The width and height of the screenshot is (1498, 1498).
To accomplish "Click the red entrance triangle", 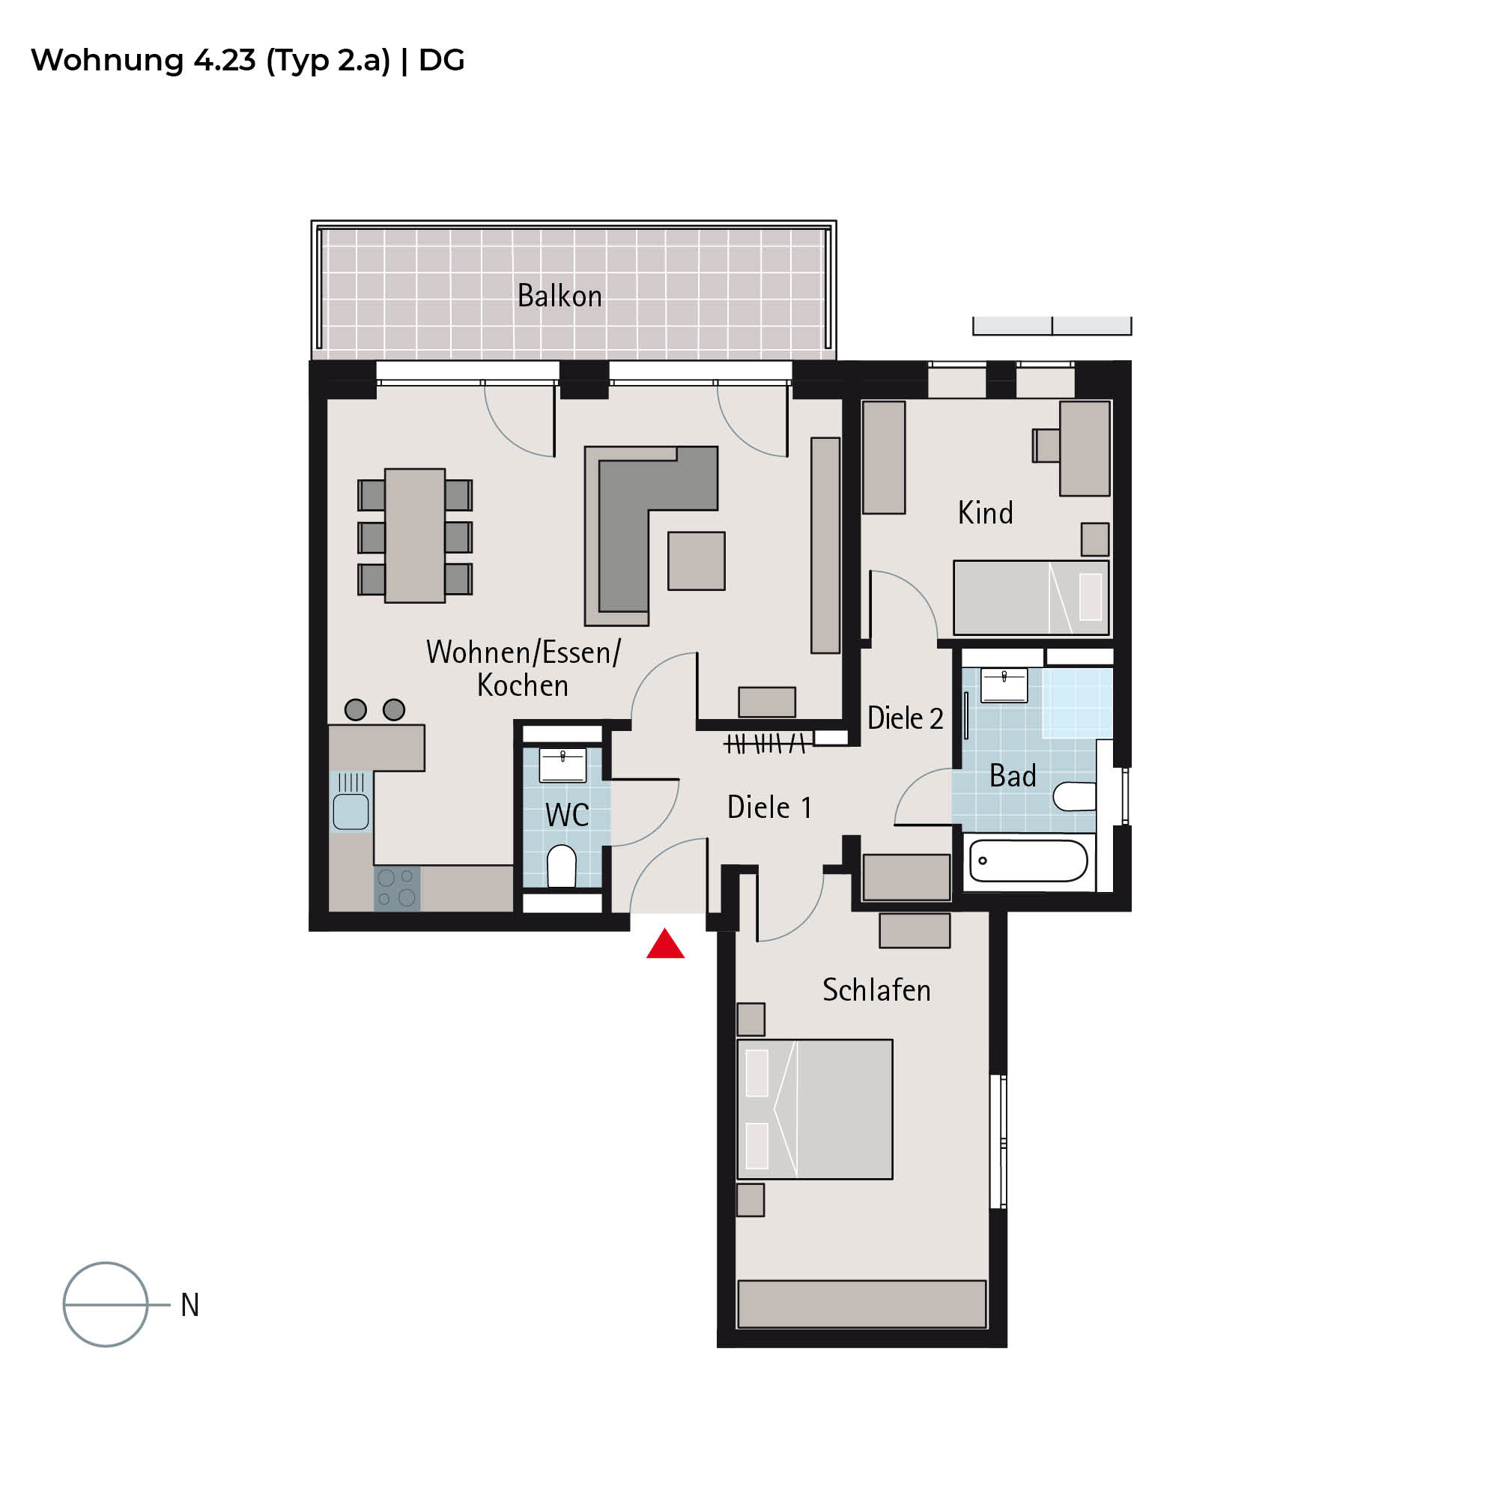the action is (x=665, y=945).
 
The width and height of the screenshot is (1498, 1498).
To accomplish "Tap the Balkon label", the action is (x=559, y=296).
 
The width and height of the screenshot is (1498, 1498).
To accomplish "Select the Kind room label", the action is (x=985, y=512).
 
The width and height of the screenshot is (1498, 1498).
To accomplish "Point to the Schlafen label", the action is (x=876, y=990).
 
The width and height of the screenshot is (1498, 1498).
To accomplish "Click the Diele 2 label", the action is (x=905, y=718).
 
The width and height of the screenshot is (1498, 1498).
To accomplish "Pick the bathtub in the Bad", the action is (x=1028, y=861).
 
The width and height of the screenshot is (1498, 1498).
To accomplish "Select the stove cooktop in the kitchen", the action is (x=397, y=888).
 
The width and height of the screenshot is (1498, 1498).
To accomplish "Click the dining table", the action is (x=415, y=536).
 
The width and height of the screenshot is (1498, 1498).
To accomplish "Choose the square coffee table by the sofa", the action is (x=697, y=560).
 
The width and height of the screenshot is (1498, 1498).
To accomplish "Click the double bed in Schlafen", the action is (x=815, y=1109).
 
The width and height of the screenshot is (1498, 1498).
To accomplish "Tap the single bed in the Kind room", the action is (x=1031, y=597).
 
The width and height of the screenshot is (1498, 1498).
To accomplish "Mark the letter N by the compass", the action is (x=190, y=1305).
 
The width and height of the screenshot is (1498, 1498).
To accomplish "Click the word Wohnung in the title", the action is (x=107, y=61).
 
